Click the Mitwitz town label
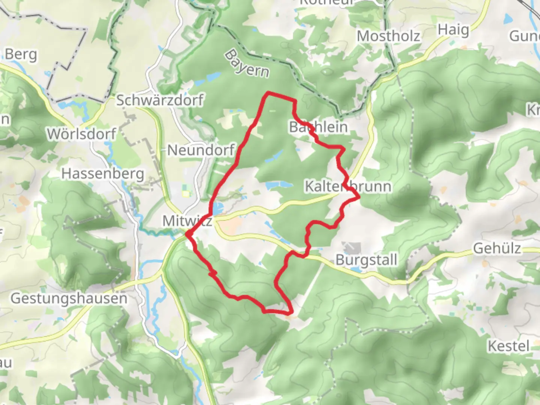click(187, 221)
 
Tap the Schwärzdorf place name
click(160, 100)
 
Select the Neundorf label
click(201, 150)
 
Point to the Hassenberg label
click(103, 174)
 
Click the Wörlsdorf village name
click(81, 134)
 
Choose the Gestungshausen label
click(69, 298)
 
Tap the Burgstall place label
click(366, 259)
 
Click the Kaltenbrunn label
click(348, 186)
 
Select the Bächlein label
click(318, 127)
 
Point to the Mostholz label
click(388, 36)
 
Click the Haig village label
click(453, 30)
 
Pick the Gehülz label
click(497, 248)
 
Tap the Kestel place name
click(508, 346)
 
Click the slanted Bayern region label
click(247, 64)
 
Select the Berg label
click(21, 54)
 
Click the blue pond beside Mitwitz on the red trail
click(218, 207)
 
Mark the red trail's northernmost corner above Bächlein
click(268, 92)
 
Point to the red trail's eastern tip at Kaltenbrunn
click(359, 196)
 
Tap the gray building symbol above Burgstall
click(351, 247)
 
